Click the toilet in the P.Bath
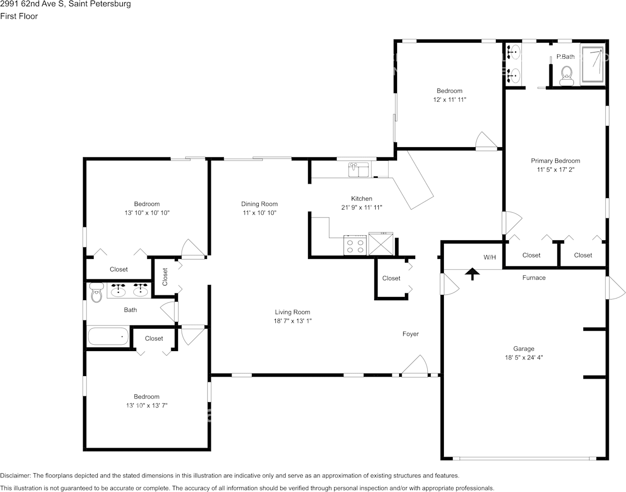[567, 76]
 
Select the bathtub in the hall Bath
[108, 336]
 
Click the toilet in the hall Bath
[96, 292]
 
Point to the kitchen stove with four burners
[355, 245]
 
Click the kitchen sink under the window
[359, 170]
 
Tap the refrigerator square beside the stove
[381, 244]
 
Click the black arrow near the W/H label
[472, 274]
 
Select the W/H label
[490, 257]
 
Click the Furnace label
[534, 278]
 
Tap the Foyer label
[411, 334]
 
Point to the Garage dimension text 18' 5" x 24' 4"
[523, 357]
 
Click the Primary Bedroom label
[555, 161]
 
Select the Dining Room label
[259, 204]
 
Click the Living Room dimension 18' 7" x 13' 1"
[292, 321]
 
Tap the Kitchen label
[362, 199]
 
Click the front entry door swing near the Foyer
[415, 366]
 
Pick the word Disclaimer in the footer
[16, 476]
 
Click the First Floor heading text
[19, 16]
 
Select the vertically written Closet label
[165, 277]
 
